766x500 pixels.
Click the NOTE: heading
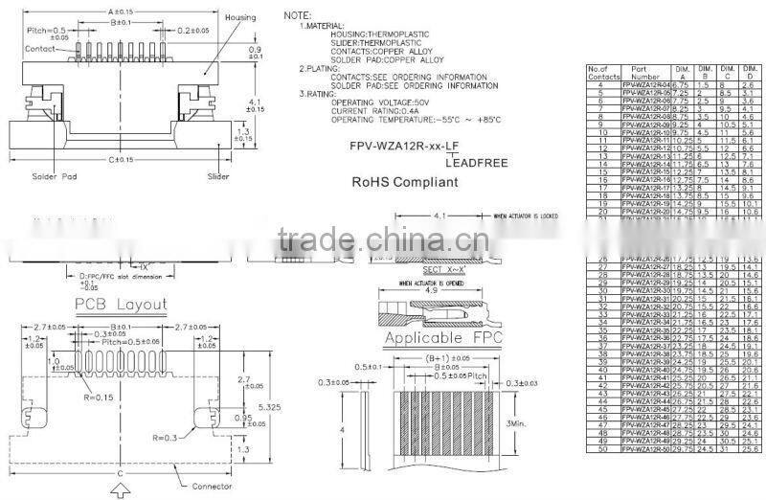point(300,17)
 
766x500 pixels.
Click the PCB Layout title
point(121,305)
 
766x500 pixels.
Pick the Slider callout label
point(218,177)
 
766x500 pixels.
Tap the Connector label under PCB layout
point(212,487)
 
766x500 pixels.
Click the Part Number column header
point(646,73)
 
